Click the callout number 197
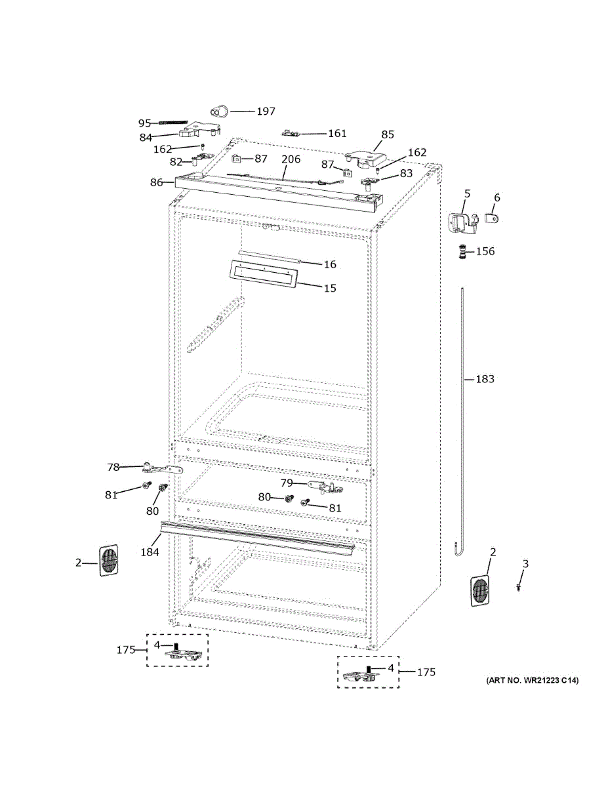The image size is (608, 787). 266,111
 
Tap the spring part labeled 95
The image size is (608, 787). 173,123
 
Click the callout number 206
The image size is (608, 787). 291,159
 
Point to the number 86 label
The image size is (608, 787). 156,182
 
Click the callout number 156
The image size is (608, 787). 485,251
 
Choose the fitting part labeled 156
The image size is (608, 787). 461,252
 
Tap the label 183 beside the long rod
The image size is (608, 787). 485,379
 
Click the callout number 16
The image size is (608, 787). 330,264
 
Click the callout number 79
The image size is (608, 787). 287,483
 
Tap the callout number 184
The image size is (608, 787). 150,552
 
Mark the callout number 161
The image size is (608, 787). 337,133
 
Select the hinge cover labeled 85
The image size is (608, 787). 365,159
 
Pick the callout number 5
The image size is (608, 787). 468,193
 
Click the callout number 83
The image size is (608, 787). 406,174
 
